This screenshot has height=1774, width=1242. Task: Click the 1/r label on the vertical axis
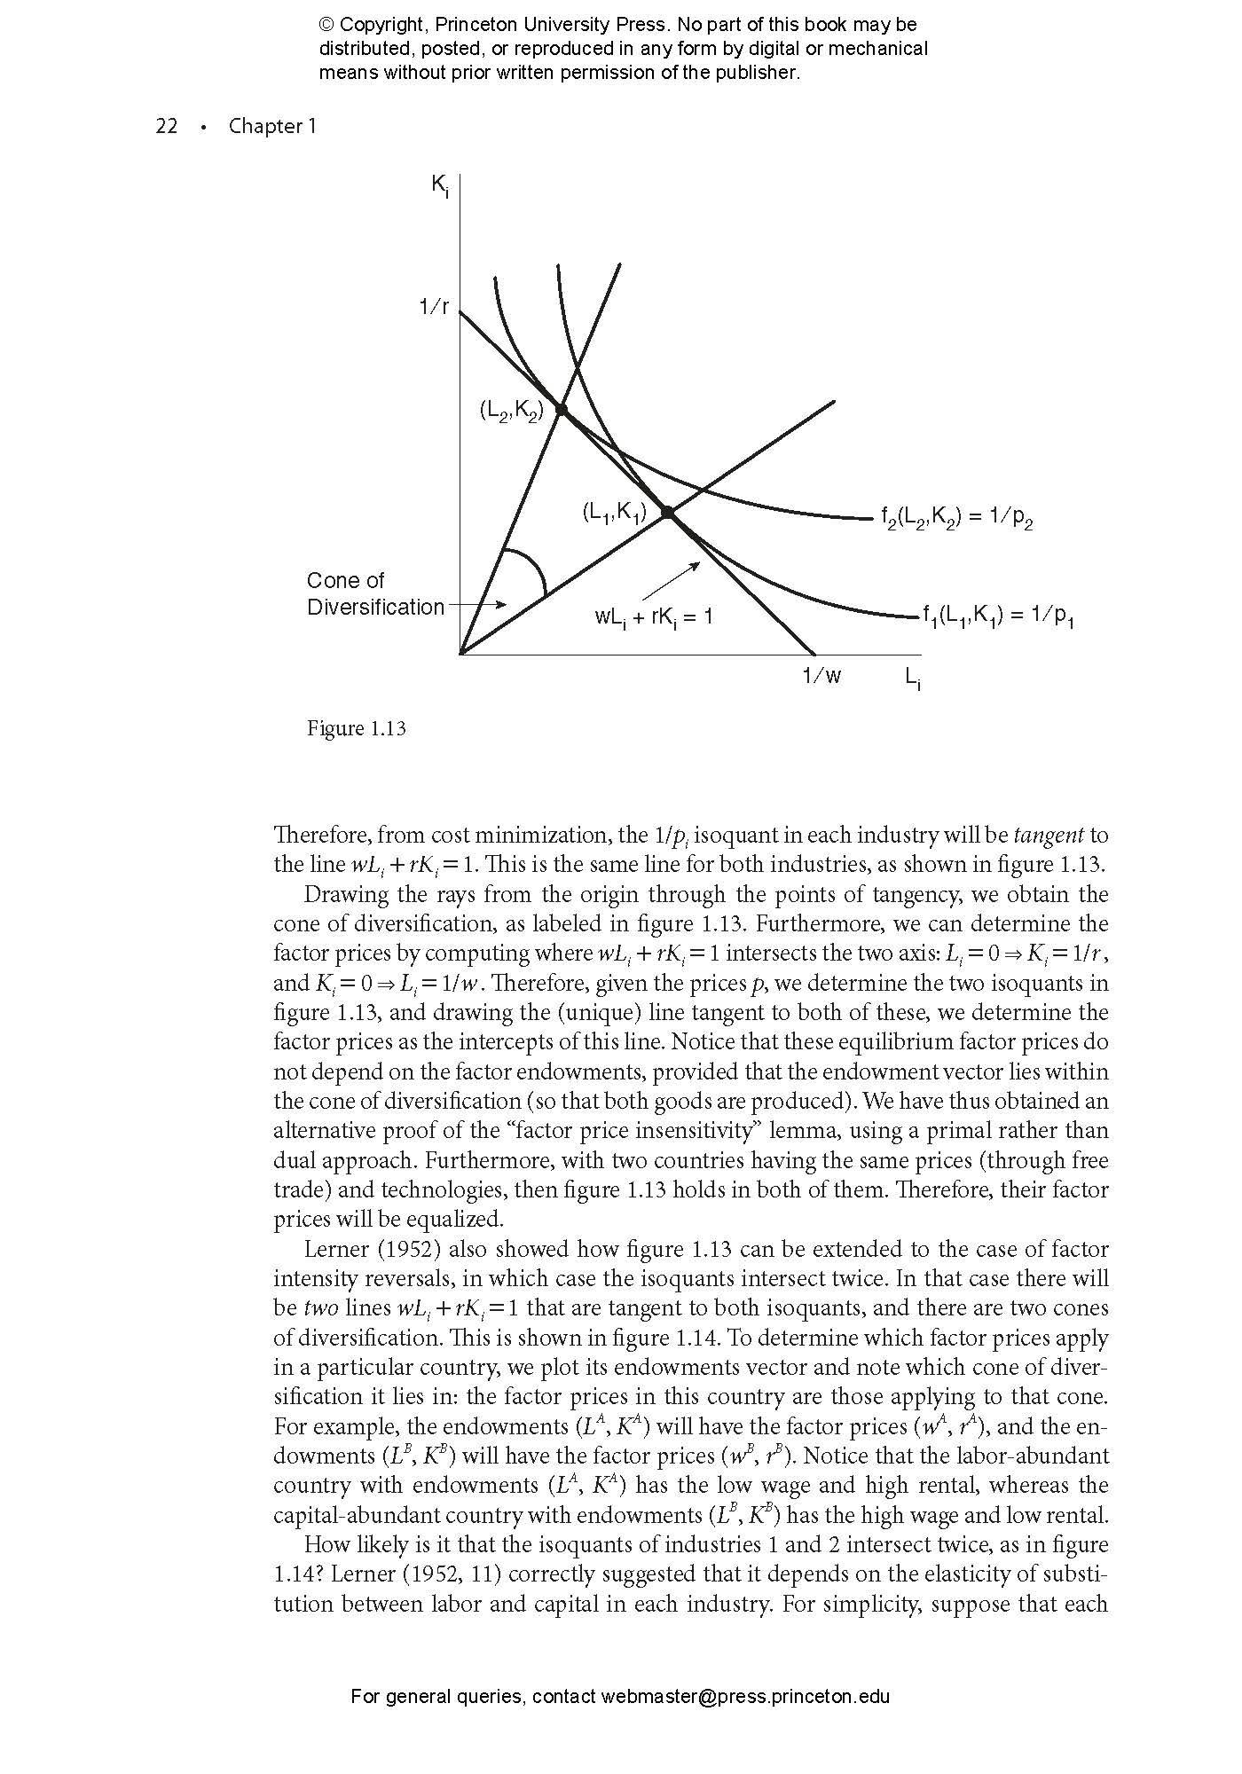pyautogui.click(x=434, y=308)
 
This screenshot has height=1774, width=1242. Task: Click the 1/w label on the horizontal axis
pyautogui.click(x=821, y=677)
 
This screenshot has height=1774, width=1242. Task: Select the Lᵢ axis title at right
pyautogui.click(x=913, y=679)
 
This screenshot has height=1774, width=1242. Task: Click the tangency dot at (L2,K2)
pyautogui.click(x=561, y=409)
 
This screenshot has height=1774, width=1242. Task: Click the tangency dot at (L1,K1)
pyautogui.click(x=668, y=512)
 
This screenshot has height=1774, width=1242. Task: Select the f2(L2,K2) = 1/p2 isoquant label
pyautogui.click(x=957, y=519)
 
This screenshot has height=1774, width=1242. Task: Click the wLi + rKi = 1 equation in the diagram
pyautogui.click(x=654, y=616)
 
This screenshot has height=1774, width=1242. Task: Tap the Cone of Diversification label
pyautogui.click(x=374, y=594)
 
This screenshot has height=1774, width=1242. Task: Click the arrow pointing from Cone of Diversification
pyautogui.click(x=479, y=605)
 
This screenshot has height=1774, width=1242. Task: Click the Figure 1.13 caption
pyautogui.click(x=356, y=728)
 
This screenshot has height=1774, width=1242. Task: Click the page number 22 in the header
pyautogui.click(x=167, y=126)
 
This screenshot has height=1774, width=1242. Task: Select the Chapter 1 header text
pyautogui.click(x=271, y=126)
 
